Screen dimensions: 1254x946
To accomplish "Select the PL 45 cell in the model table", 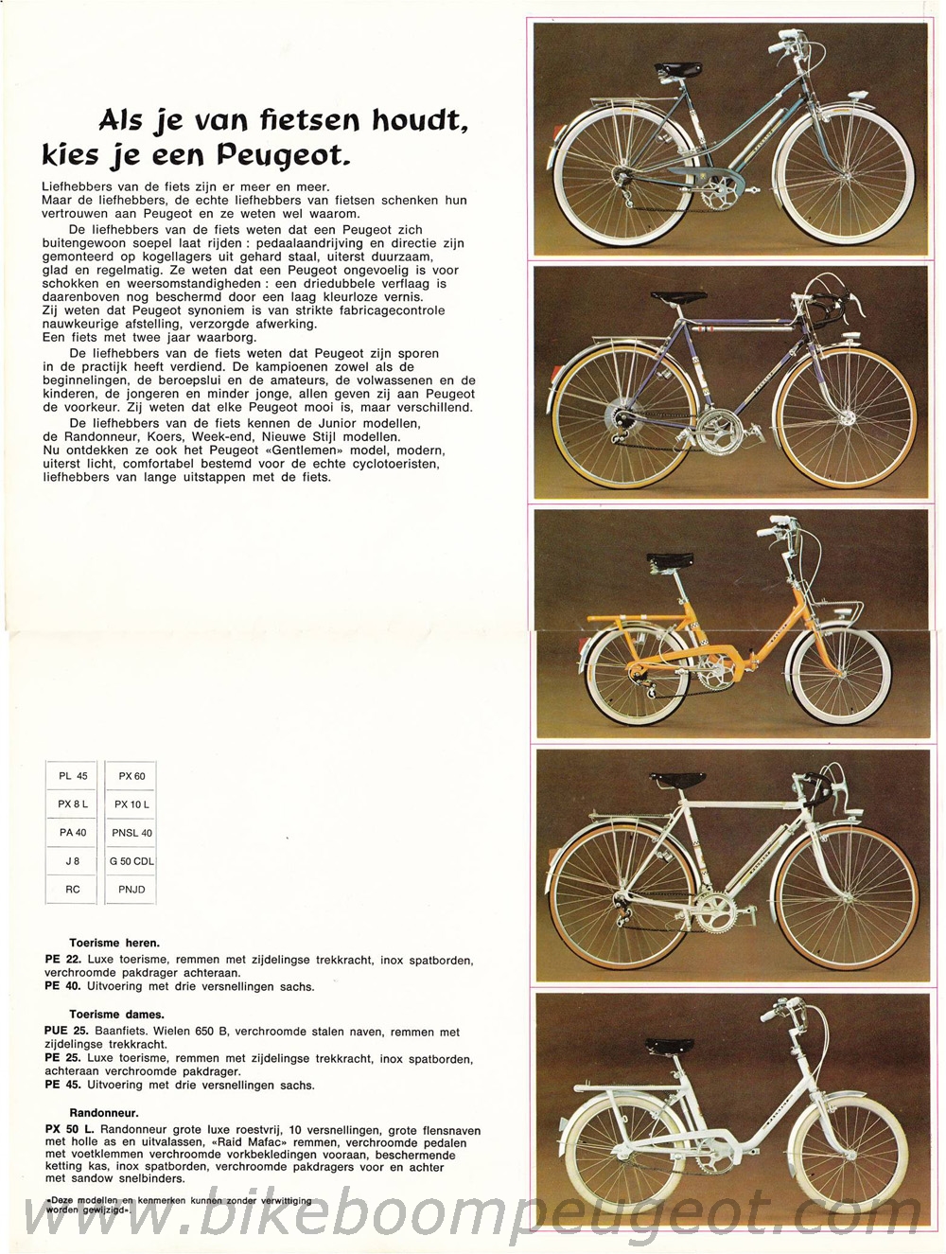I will click(x=73, y=776).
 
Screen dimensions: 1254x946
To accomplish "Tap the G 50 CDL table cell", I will click(x=131, y=861).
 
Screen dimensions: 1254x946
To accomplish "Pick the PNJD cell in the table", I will click(x=131, y=890).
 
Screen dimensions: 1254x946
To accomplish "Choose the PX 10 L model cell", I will click(x=131, y=804).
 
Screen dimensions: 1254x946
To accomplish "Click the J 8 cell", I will click(x=73, y=861).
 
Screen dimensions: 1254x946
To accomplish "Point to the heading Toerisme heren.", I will click(x=114, y=943).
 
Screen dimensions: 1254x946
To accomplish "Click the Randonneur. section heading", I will click(x=104, y=1113).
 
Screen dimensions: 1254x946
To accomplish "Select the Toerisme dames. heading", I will click(x=116, y=1015).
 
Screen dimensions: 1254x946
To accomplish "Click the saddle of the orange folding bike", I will click(x=670, y=562).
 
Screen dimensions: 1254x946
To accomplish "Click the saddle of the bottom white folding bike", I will click(x=670, y=1047).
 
